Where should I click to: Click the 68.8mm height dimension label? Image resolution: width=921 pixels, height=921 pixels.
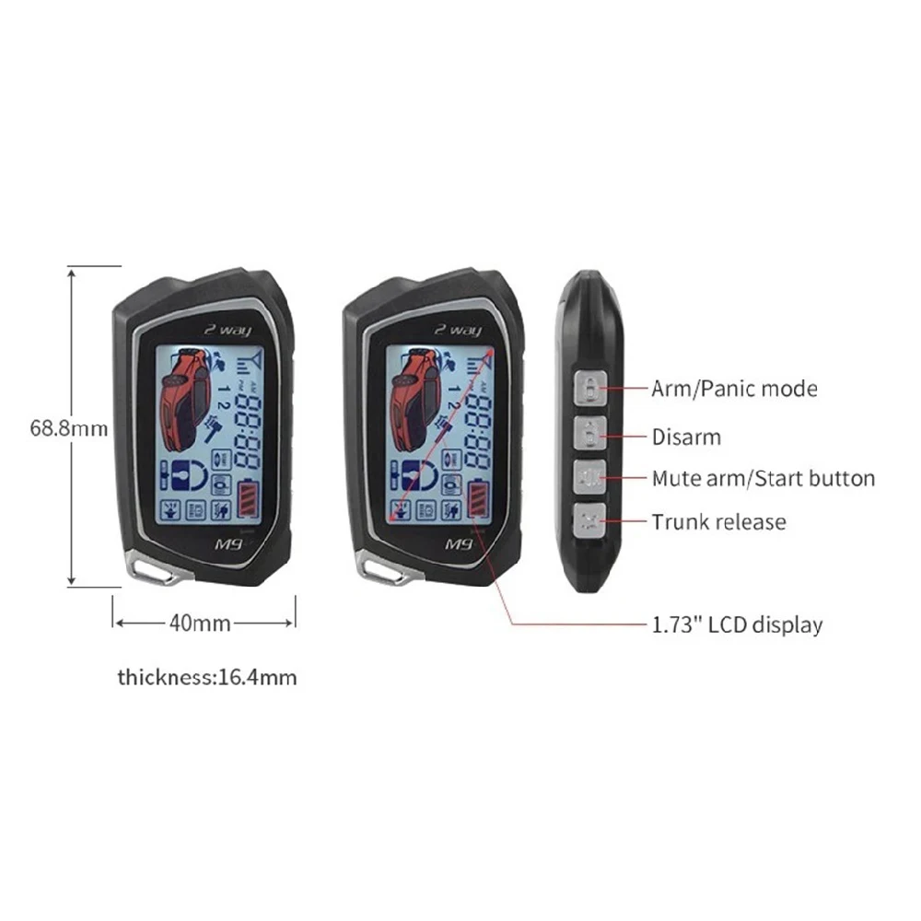[69, 428]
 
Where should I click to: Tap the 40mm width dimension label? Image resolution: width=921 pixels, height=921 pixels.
[200, 623]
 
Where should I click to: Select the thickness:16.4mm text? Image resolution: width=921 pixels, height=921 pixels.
[207, 677]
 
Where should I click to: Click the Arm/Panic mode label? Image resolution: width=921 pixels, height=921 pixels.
[734, 389]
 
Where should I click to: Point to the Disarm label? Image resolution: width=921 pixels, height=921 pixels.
[686, 437]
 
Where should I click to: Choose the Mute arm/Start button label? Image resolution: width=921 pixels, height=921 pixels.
[764, 479]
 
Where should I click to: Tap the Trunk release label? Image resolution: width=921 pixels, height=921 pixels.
[719, 522]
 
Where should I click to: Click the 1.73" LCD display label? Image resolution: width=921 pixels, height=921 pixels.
[737, 624]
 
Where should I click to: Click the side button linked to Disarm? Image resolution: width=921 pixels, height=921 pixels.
[589, 434]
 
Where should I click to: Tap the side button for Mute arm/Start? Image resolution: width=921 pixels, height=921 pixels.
[589, 477]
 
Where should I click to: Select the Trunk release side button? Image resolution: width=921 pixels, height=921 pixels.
[589, 519]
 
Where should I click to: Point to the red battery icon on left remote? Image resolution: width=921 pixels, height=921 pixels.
[248, 499]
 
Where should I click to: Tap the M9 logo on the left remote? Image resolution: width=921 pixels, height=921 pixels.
[228, 544]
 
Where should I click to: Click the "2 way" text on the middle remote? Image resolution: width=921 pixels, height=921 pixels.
[458, 330]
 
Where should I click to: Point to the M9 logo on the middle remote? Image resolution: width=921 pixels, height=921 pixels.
[459, 544]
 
